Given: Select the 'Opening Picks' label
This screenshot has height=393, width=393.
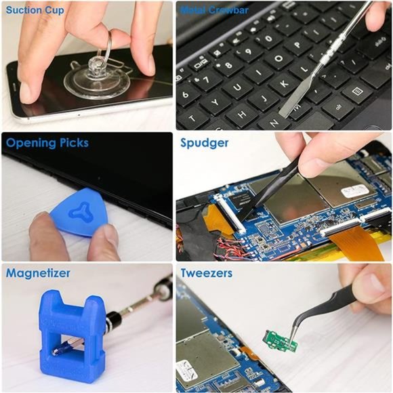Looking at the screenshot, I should click(47, 143).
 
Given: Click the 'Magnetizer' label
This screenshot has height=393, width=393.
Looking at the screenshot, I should click(39, 273).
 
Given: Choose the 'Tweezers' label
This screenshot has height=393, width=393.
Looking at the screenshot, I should click(207, 273).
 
